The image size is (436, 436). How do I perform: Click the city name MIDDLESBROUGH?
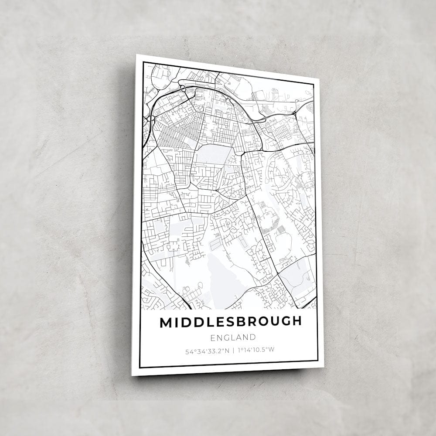click(x=230, y=322)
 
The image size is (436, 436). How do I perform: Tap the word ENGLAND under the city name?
click(x=232, y=337)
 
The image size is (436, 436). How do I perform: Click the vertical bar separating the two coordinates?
click(x=233, y=350)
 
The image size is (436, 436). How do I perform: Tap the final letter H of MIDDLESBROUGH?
click(x=296, y=321)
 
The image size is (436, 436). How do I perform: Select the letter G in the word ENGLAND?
click(x=228, y=337)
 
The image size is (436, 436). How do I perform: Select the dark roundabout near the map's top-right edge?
click(x=295, y=113)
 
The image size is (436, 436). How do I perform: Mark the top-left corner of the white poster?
click(x=136, y=54)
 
